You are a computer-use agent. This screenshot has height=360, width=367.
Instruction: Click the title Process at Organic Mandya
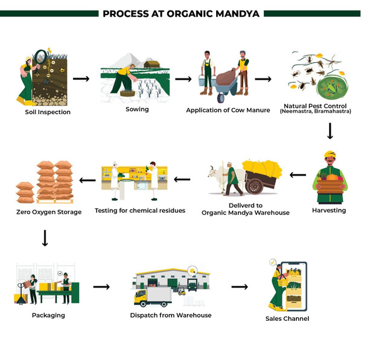[x=183, y=13]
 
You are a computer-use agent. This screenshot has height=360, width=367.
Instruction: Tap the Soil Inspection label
[x=48, y=112]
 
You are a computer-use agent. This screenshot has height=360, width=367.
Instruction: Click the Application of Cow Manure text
[x=223, y=110]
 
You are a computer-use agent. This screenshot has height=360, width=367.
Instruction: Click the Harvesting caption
[x=329, y=210]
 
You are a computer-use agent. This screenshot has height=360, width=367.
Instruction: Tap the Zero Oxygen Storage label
[x=49, y=212]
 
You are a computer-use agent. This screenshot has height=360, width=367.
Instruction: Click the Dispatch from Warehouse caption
[x=171, y=315]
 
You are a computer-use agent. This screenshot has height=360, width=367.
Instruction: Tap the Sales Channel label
[x=287, y=318]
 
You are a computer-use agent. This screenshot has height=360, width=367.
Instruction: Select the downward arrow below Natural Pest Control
[x=330, y=130]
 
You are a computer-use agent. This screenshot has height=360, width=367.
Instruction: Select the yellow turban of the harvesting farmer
[x=329, y=155]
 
